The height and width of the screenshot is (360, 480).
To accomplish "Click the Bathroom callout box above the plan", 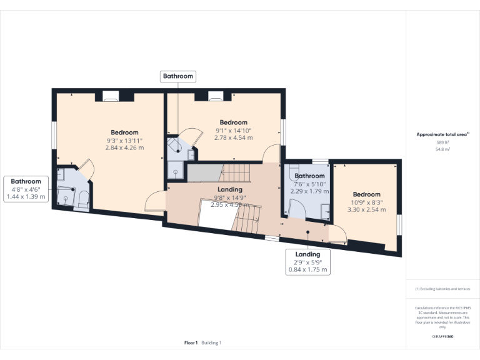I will [178, 77].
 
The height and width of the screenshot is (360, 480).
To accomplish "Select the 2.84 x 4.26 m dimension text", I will [124, 148].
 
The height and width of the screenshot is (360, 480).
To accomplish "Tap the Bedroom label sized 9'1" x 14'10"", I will [234, 122].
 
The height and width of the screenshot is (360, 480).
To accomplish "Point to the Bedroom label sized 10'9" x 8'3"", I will [366, 194].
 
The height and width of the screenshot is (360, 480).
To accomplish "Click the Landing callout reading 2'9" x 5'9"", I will [307, 262].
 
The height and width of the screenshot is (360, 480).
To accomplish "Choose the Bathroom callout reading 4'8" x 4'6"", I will [26, 189].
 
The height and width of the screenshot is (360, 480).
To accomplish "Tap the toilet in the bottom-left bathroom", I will [82, 199].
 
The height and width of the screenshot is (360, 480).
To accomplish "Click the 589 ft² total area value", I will [442, 142].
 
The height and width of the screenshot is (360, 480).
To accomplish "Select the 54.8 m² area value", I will [442, 149].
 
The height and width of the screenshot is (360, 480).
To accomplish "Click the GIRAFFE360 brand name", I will [442, 337].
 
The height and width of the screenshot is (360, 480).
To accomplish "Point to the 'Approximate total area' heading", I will [442, 134].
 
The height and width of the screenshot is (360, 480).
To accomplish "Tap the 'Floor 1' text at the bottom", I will [191, 343].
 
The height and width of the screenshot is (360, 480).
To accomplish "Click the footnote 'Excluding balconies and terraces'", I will [442, 289].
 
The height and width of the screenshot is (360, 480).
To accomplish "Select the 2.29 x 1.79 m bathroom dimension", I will [310, 191].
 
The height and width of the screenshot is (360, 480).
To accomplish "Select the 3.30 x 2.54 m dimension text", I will [366, 210].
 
